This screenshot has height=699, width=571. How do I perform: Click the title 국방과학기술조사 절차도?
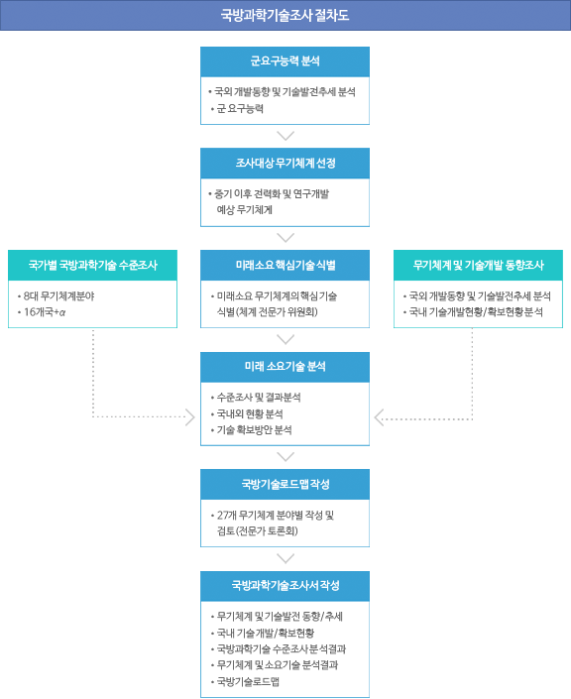pos(285,15)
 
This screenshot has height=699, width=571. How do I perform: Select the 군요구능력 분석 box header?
pos(285,61)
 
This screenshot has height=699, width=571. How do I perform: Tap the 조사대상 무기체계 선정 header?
pos(285,164)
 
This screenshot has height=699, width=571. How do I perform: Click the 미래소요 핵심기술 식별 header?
pos(285,266)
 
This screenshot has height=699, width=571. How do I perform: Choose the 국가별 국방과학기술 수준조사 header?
pos(93,266)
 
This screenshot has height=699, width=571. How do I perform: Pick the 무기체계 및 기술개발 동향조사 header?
pos(478,266)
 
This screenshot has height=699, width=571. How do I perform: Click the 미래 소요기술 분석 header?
pos(285,367)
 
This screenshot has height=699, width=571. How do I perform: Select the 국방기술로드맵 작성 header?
pos(285,484)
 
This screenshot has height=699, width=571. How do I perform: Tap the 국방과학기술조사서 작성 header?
pos(285,586)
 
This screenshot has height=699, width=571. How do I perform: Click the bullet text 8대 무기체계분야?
pos(58,296)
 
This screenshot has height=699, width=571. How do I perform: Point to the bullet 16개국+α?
pos(45,312)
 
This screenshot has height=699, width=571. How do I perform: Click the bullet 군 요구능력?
pos(240,109)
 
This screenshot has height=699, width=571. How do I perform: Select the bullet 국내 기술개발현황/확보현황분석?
pos(476,312)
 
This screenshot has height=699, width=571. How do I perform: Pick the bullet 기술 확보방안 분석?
pos(254,430)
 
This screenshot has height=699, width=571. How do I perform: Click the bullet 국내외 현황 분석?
pos(250,414)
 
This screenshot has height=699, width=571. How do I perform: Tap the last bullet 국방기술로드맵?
pos(248,681)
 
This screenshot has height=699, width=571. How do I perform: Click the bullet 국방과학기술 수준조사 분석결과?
pos(282,649)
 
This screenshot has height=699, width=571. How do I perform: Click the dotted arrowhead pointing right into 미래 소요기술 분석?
pos(190,417)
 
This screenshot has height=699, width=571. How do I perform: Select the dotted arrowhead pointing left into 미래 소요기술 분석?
pos(379,417)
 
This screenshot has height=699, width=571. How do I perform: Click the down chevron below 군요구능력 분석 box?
pos(285,135)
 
